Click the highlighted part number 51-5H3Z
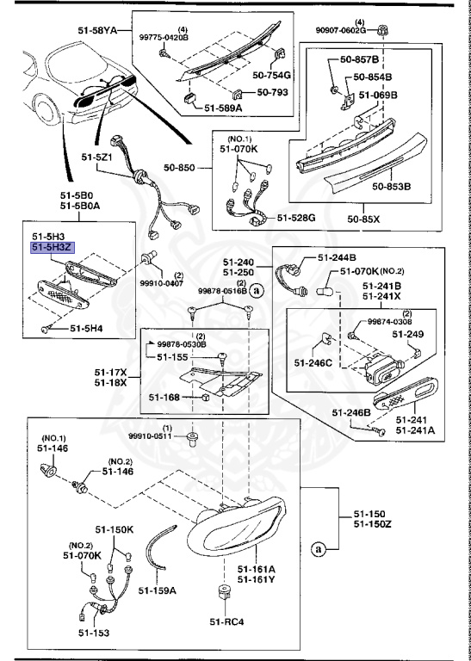(52, 248)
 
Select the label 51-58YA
(97, 30)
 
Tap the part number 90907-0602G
(340, 30)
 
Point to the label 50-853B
(391, 186)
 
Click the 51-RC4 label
(226, 621)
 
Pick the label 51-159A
(157, 590)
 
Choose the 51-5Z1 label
(96, 158)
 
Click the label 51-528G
(296, 218)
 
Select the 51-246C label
(313, 362)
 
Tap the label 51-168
(164, 397)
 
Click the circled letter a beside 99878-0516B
(256, 290)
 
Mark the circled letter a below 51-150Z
(319, 549)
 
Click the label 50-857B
(359, 59)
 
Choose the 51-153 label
(94, 633)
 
